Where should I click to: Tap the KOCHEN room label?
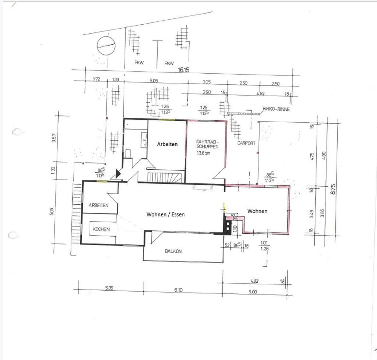click(101, 229)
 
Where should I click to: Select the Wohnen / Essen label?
click(165, 215)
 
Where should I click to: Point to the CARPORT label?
click(246, 143)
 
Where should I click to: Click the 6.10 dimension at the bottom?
click(178, 290)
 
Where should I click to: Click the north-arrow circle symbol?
click(106, 46)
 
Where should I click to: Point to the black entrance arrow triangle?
click(118, 173)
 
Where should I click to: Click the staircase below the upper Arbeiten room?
click(165, 177)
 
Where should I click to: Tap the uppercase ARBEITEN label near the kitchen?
click(98, 205)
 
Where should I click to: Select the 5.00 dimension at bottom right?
click(252, 292)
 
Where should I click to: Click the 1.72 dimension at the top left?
click(97, 79)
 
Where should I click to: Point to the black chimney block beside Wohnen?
click(231, 225)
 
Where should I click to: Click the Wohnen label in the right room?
click(257, 211)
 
